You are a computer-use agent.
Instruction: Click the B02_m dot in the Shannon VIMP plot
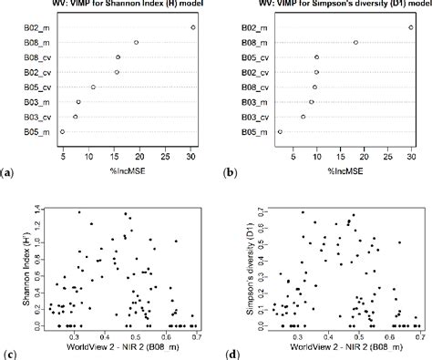click(193, 27)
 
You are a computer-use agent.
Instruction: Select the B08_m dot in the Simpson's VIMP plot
click(355, 42)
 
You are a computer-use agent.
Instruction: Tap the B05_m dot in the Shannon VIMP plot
click(63, 132)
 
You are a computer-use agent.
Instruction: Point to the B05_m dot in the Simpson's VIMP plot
click(280, 132)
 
